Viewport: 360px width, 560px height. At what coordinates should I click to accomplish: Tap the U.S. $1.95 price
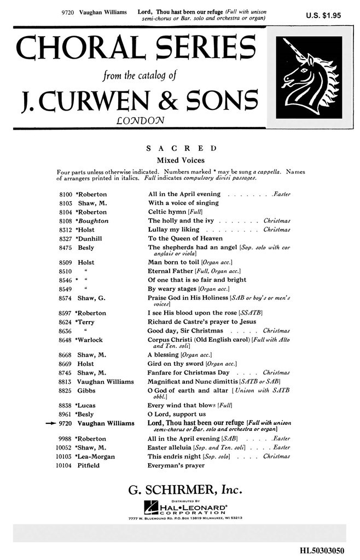click(x=323, y=16)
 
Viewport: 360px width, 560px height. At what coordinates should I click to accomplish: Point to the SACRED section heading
click(x=181, y=149)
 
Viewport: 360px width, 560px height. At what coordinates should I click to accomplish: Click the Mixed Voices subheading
click(x=181, y=160)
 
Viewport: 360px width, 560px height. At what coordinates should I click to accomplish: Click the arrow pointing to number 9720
click(x=54, y=423)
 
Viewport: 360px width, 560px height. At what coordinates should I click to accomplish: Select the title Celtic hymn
click(x=167, y=212)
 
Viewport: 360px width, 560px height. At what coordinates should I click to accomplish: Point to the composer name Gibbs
click(x=86, y=391)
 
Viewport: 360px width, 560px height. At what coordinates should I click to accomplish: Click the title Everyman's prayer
click(x=176, y=465)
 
